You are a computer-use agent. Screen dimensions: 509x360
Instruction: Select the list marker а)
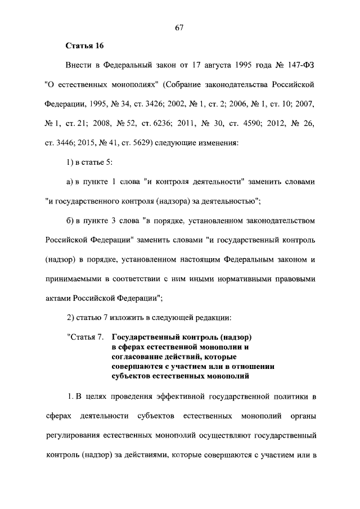click(x=71, y=182)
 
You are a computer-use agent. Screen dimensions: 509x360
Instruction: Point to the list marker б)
click(x=71, y=220)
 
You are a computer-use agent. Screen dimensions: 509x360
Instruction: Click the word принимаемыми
click(x=73, y=278)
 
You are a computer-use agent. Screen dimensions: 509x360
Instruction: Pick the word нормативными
click(x=246, y=278)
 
